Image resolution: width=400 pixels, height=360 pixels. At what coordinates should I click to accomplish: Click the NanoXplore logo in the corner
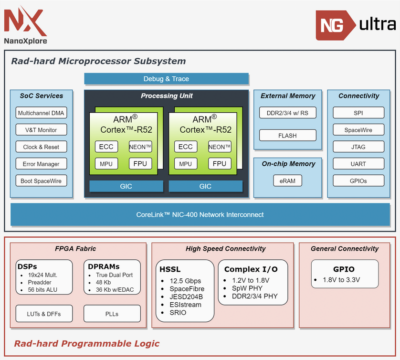pos(26,25)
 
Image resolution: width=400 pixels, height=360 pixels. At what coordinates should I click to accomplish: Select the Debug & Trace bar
pos(166,79)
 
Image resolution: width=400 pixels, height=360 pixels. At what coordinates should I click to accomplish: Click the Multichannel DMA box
pos(41,113)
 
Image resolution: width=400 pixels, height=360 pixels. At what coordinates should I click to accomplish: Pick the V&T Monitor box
pos(41,130)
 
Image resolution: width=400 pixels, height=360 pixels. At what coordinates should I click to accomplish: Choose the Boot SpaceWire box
pos(41,181)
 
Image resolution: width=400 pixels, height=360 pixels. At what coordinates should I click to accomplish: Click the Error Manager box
pos(41,164)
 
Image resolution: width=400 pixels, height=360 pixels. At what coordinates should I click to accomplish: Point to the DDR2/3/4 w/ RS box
pos(288,113)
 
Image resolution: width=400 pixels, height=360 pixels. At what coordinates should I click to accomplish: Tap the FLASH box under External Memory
pos(288,136)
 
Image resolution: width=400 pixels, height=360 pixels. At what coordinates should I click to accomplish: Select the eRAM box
pos(288,181)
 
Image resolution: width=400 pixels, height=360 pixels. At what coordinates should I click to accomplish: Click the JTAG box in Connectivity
pos(358,147)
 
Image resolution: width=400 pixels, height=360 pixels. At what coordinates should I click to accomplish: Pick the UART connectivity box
pos(358,164)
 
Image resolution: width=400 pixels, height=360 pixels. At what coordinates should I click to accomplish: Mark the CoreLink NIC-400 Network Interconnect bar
pos(200,215)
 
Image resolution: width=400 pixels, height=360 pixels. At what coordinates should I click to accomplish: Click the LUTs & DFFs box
pos(44,314)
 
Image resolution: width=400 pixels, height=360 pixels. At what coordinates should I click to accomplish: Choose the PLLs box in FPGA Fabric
pos(112,314)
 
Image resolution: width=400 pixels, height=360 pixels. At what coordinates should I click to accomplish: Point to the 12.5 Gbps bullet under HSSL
pos(185,281)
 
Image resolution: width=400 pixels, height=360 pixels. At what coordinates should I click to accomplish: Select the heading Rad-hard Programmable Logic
pos(86,344)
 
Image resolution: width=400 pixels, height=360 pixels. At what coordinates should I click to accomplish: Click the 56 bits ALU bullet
pos(43,290)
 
